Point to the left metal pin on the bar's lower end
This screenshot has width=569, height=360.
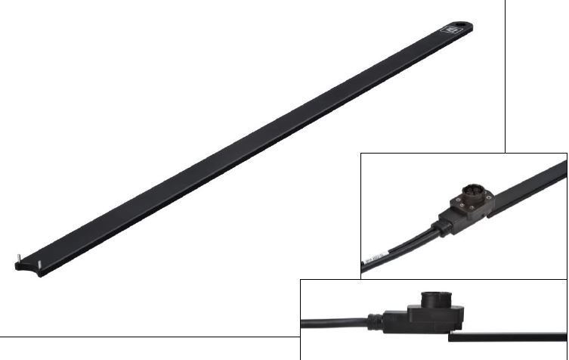[x=17, y=261]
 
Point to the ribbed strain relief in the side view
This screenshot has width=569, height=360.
[x=378, y=318]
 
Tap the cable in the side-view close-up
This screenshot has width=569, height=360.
[x=332, y=321]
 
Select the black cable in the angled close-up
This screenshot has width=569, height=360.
[x=400, y=246]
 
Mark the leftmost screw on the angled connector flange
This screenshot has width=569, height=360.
[x=453, y=201]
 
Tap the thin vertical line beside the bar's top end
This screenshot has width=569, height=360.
[x=506, y=76]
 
